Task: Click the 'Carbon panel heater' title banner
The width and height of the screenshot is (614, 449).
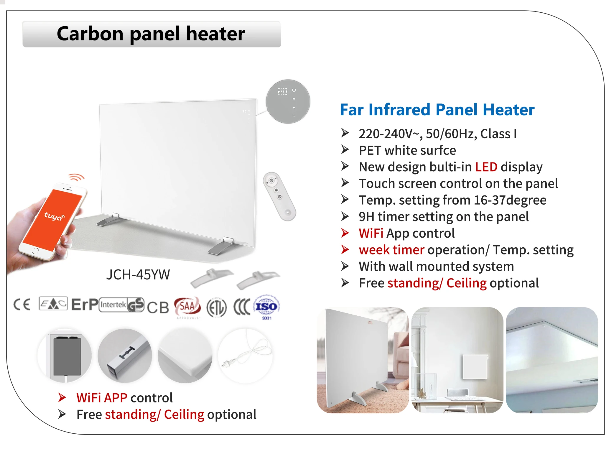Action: (x=152, y=34)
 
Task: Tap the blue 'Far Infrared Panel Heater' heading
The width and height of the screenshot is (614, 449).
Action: (x=437, y=110)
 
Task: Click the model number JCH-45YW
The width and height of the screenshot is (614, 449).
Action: (x=138, y=275)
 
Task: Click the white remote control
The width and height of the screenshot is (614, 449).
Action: (x=279, y=196)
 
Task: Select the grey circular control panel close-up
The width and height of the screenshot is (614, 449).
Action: (x=288, y=101)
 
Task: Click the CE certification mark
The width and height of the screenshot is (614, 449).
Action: (x=22, y=304)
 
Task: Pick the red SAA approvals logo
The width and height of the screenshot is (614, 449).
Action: (x=187, y=307)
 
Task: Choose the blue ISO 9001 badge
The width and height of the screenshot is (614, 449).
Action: (x=266, y=307)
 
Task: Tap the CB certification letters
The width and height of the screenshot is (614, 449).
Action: (x=158, y=307)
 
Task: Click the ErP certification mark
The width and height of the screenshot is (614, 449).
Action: (x=85, y=304)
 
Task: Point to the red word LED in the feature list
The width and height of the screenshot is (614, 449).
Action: (x=486, y=167)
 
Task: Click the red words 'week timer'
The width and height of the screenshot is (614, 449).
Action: (x=391, y=250)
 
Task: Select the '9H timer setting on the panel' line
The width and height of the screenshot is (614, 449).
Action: (x=444, y=217)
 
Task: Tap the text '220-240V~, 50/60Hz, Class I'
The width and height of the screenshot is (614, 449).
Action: (x=437, y=134)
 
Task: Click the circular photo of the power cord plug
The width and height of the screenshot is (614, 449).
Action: (x=245, y=356)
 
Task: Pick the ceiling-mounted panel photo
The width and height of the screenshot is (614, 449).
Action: (x=552, y=360)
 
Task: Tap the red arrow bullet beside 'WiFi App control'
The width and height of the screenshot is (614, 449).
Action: (x=345, y=233)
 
